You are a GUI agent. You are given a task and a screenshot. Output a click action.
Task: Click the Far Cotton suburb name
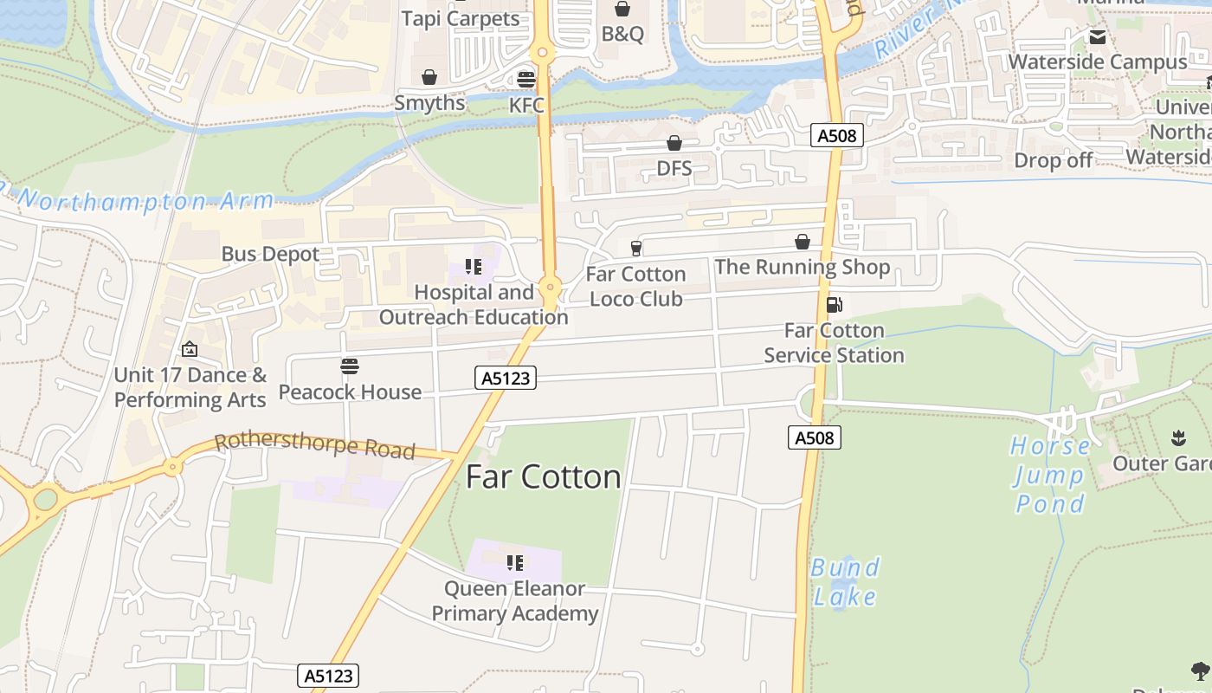pyautogui.click(x=544, y=477)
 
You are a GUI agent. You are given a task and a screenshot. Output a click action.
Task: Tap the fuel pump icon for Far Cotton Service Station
pyautogui.click(x=834, y=305)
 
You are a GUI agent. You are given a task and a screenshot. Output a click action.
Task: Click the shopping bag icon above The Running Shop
pyautogui.click(x=803, y=242)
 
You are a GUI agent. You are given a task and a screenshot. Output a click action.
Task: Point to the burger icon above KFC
pyautogui.click(x=526, y=80)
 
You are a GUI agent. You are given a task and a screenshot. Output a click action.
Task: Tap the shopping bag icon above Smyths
pyautogui.click(x=429, y=77)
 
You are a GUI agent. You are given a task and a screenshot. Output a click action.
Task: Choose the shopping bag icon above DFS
pyautogui.click(x=674, y=143)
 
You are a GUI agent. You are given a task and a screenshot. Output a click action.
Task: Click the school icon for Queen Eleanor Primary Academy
pyautogui.click(x=515, y=563)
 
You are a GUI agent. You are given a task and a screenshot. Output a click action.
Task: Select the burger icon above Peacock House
pyautogui.click(x=350, y=366)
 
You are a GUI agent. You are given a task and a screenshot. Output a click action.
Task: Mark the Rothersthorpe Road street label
pyautogui.click(x=315, y=446)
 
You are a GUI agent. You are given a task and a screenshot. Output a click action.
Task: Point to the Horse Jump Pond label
pyautogui.click(x=1050, y=475)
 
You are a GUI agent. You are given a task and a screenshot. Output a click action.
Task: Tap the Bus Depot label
pyautogui.click(x=271, y=254)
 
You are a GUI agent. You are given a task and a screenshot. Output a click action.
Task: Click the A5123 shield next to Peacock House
pyautogui.click(x=506, y=378)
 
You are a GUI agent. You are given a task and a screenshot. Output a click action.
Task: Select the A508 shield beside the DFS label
pyautogui.click(x=837, y=135)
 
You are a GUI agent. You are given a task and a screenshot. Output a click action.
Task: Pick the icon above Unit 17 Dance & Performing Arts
pyautogui.click(x=190, y=349)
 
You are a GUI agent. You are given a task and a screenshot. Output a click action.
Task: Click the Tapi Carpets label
pyautogui.click(x=461, y=18)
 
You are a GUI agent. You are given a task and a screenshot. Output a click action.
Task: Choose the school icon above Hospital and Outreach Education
pyautogui.click(x=473, y=267)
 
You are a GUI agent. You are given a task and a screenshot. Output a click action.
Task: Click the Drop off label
pyautogui.click(x=1053, y=160)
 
